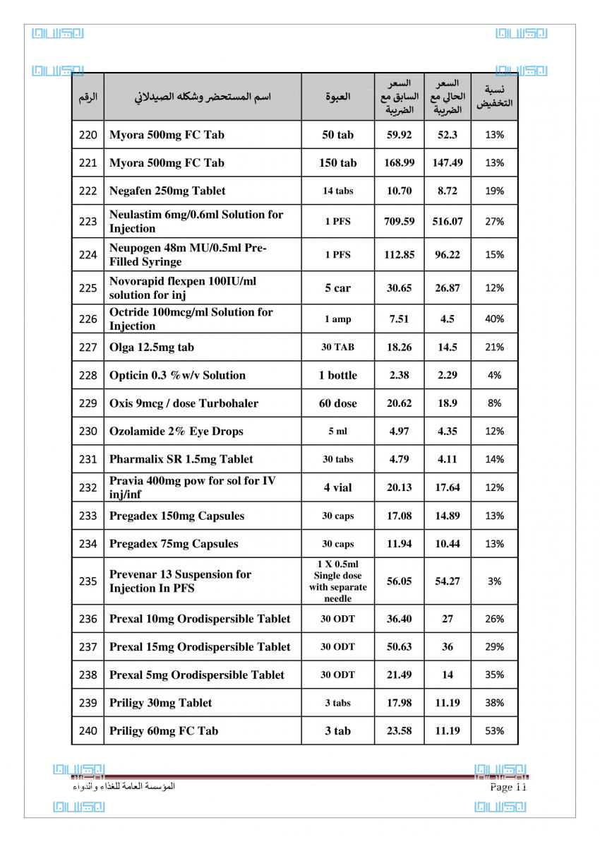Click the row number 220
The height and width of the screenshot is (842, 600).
88,135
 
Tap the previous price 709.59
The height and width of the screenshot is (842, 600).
399,221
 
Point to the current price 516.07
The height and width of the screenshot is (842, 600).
448,221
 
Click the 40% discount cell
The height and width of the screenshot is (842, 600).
494,319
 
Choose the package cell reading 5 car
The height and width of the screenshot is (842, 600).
337,287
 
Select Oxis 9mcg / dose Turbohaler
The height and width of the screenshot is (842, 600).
184,403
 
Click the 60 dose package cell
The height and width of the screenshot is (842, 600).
337,403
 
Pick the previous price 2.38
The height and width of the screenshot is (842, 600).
399,375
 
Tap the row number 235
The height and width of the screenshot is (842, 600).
88,581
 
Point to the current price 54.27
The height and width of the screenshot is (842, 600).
448,581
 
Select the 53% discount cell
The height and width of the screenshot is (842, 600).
494,731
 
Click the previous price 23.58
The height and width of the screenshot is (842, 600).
399,731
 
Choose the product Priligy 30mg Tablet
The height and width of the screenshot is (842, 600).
160,703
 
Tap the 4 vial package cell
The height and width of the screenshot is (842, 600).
337,487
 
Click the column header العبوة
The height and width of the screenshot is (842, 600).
337,97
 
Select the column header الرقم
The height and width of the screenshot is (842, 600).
88,97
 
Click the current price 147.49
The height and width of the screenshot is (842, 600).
448,162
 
